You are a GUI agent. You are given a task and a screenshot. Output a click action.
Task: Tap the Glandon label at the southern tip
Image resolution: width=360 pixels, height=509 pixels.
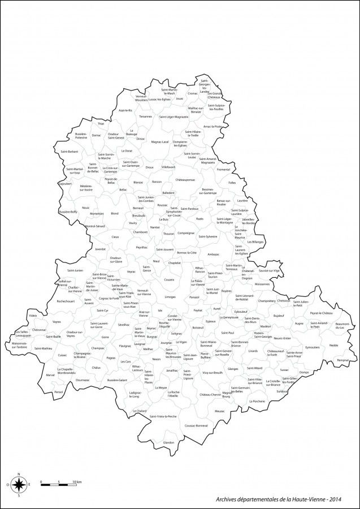(169, 442)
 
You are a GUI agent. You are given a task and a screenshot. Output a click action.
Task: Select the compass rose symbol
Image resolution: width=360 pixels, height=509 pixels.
(19, 484)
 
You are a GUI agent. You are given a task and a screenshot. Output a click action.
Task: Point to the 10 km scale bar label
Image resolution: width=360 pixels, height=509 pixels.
(77, 482)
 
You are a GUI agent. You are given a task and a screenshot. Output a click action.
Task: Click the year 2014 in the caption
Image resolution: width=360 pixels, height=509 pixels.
(334, 499)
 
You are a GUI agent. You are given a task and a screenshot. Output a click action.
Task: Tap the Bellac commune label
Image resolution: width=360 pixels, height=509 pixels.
(123, 190)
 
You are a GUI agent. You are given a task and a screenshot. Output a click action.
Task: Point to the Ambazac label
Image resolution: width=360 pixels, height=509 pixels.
(213, 255)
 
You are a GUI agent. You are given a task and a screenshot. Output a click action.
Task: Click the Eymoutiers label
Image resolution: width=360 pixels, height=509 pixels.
(313, 347)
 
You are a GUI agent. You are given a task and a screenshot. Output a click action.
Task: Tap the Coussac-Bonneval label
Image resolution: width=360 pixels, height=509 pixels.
(196, 425)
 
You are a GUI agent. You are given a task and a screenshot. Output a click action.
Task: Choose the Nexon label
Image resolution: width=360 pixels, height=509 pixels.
(157, 359)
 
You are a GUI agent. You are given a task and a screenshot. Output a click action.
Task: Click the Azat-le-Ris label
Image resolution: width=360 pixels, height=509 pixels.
(125, 110)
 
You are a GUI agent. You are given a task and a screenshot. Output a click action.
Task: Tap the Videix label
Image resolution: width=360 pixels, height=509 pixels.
(33, 315)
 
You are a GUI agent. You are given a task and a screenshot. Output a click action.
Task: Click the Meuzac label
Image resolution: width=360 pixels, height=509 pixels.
(220, 411)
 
